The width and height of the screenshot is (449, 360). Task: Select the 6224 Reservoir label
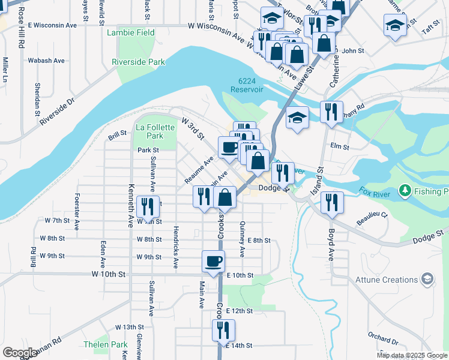(247, 85)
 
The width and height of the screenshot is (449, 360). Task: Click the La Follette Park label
(155, 131)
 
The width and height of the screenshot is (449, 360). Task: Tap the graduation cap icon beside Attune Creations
(427, 279)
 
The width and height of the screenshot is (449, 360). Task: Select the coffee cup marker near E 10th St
(214, 261)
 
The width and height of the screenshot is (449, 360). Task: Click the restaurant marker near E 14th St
(223, 330)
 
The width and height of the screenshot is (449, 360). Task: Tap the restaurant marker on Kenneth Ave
(148, 206)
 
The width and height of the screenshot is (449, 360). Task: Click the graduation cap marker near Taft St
(395, 25)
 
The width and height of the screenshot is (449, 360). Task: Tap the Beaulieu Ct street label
(375, 216)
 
